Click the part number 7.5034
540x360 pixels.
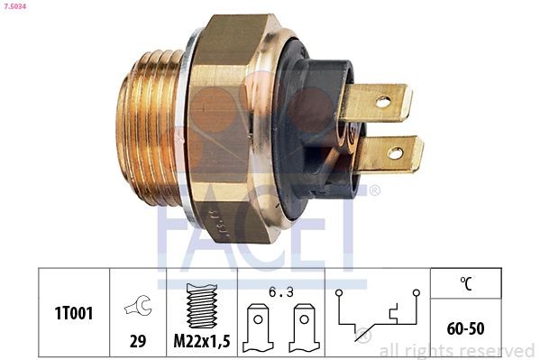[x=17, y=6]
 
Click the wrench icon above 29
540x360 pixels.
[x=137, y=306]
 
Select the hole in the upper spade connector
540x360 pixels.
[x=383, y=102]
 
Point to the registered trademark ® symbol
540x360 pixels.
[x=375, y=190]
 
